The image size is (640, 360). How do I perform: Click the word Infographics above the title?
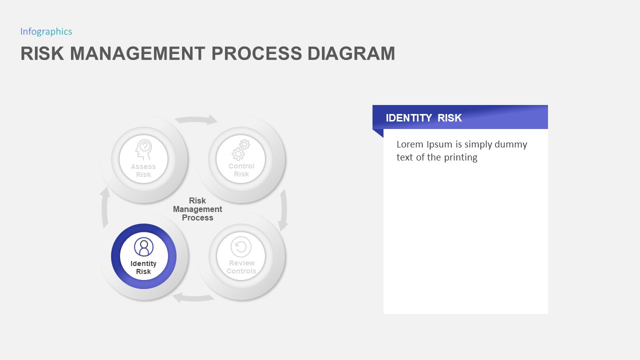tap(46, 31)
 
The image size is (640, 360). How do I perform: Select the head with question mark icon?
tap(143, 149)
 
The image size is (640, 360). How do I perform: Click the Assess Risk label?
tap(143, 170)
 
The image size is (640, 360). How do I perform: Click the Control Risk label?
tap(241, 170)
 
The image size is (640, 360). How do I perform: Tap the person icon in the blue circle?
tap(144, 247)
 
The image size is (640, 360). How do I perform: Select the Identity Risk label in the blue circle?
tap(143, 267)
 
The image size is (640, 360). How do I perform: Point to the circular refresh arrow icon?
tap(241, 246)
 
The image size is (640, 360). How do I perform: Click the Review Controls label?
tap(241, 267)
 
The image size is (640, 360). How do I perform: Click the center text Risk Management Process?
tap(197, 209)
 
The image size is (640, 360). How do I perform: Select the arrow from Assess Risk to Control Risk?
tap(196, 119)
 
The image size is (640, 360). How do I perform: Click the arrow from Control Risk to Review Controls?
tap(283, 209)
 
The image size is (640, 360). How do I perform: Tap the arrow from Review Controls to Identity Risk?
tap(193, 298)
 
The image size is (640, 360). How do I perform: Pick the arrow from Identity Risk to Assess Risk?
tap(105, 207)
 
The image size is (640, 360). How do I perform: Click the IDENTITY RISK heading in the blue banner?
tap(423, 118)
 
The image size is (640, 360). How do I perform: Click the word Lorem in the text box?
tap(409, 144)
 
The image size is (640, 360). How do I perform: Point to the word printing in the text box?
tap(459, 157)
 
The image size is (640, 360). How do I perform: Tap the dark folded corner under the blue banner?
tap(378, 133)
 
